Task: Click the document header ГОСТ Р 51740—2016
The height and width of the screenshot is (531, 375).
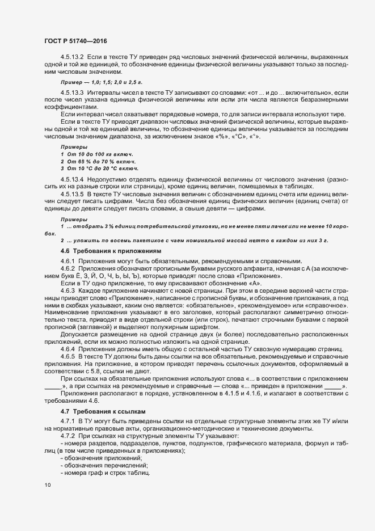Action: pyautogui.click(x=75, y=41)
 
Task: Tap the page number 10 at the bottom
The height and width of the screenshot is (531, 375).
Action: pyautogui.click(x=47, y=485)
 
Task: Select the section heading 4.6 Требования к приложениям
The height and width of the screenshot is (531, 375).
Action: pyautogui.click(x=111, y=250)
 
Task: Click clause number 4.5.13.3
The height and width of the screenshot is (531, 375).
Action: pyautogui.click(x=72, y=92)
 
